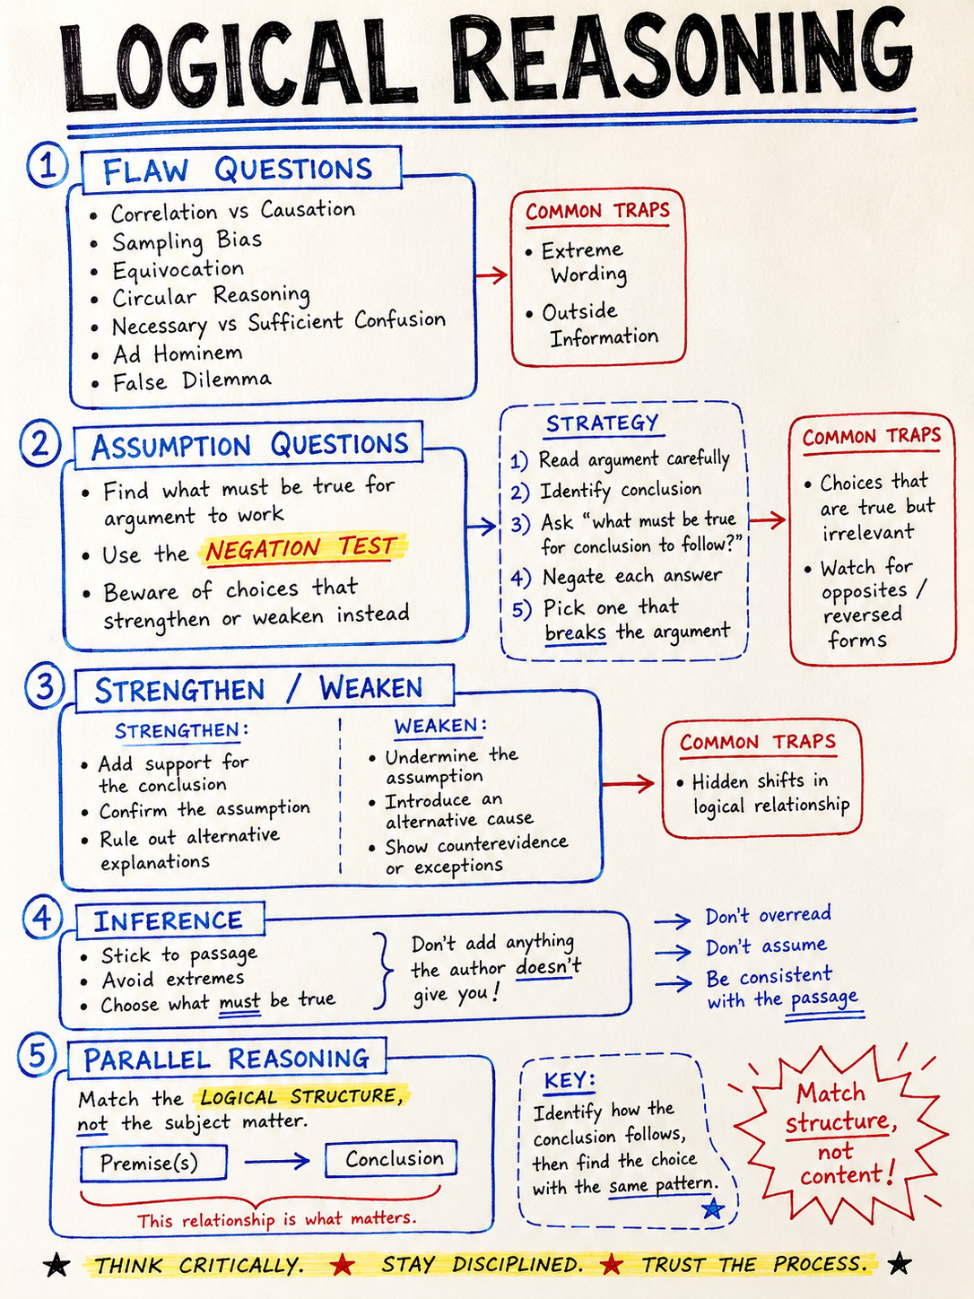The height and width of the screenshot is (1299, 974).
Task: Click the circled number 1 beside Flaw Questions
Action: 48,166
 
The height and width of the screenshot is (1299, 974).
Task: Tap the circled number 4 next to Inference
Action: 43,918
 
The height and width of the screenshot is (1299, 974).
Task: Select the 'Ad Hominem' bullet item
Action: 178,353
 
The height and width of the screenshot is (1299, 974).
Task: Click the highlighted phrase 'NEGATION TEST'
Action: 300,548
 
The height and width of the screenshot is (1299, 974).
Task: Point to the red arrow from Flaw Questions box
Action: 492,275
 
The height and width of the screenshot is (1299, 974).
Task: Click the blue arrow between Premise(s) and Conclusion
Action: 277,1161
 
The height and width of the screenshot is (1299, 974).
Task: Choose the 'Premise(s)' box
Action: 153,1163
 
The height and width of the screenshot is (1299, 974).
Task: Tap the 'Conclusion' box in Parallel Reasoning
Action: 391,1158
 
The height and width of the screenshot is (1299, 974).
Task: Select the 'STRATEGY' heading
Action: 602,423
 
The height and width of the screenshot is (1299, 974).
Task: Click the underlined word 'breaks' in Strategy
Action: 576,632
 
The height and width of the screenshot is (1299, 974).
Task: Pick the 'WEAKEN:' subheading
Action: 440,726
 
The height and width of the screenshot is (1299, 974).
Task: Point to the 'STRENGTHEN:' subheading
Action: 181,731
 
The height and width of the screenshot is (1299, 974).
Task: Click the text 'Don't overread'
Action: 769,915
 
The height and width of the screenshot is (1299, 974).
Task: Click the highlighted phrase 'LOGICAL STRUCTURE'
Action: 301,1097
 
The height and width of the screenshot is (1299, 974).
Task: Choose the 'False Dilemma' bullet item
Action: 192,380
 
